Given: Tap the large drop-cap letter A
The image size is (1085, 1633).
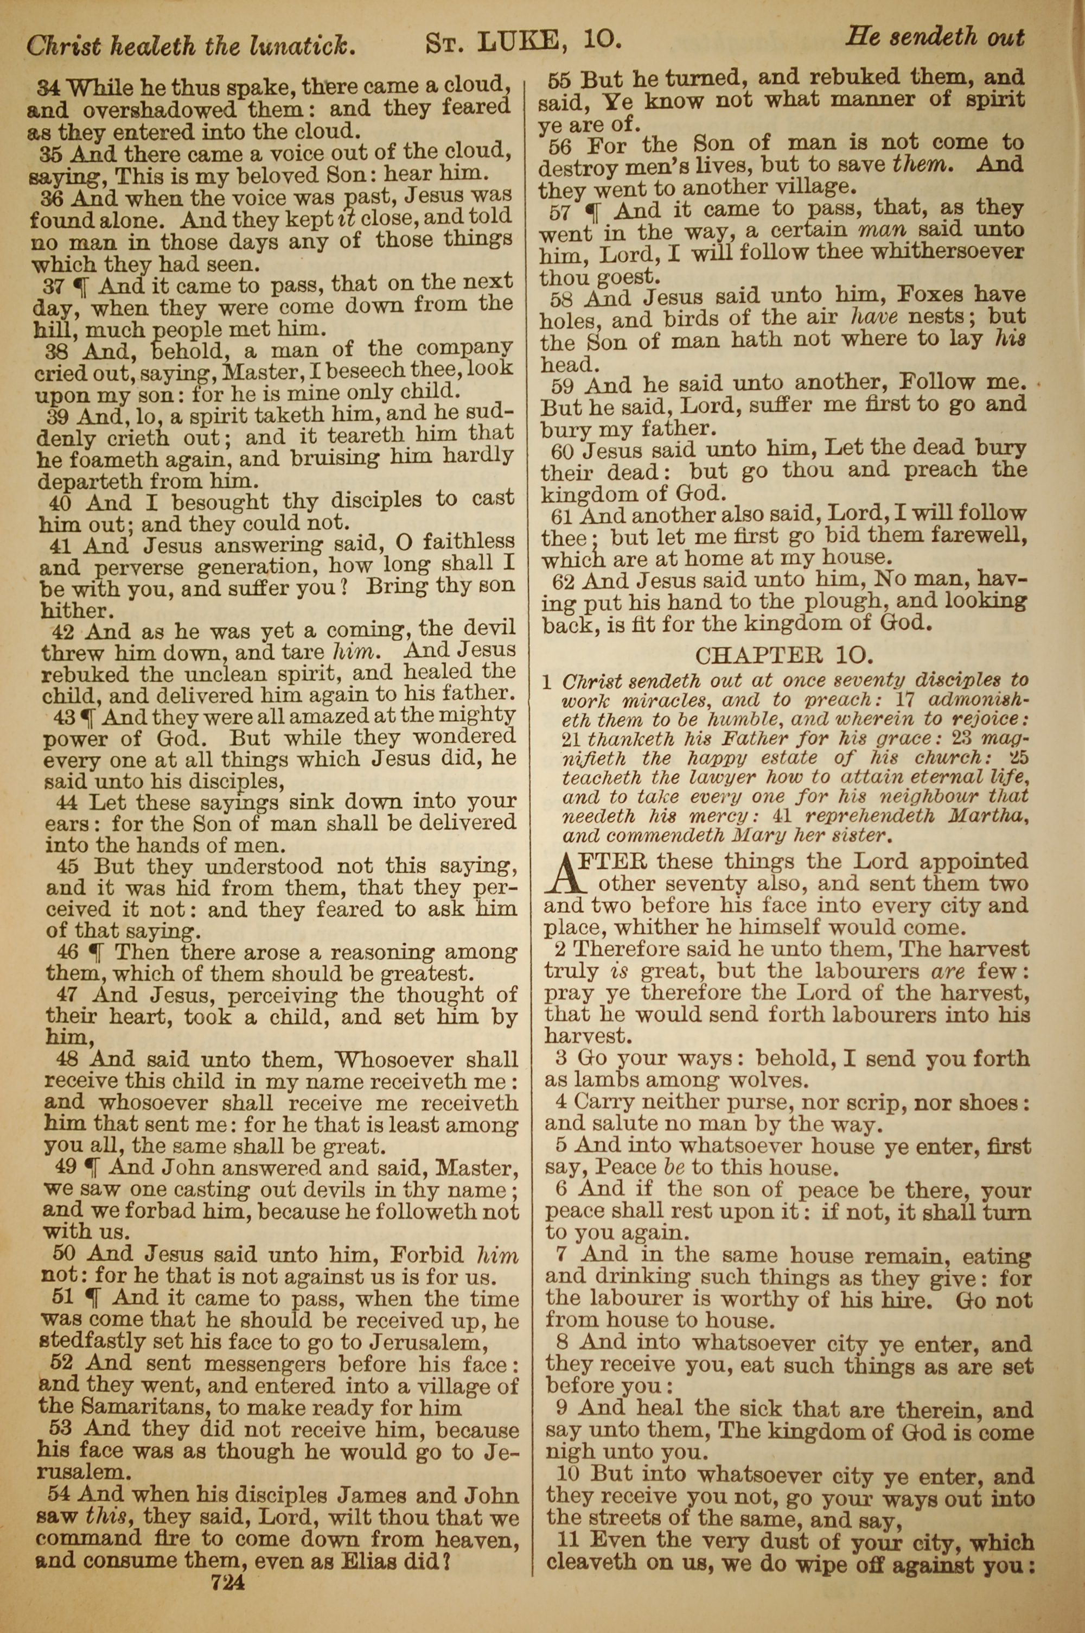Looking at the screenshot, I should (x=566, y=874).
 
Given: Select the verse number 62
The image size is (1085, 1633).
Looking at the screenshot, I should (x=565, y=580).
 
